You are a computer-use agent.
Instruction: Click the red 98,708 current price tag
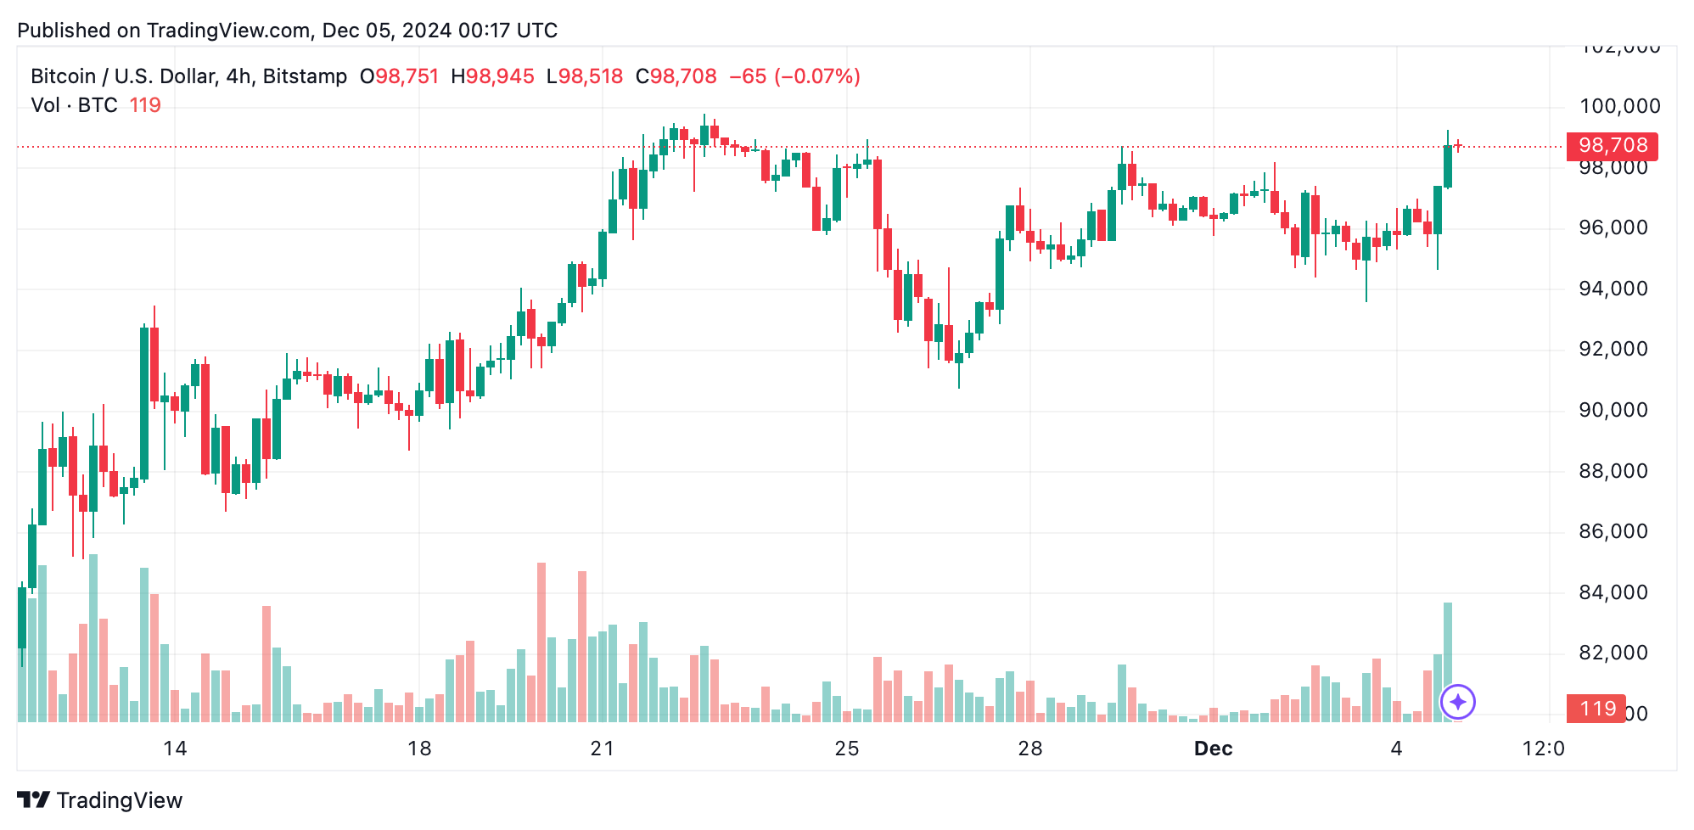(x=1612, y=146)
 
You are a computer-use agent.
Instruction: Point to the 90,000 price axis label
(x=1613, y=410)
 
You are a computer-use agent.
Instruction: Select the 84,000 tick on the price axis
(x=1613, y=592)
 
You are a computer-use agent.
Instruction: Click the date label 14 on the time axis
(x=175, y=749)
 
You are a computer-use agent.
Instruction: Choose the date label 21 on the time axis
(x=602, y=749)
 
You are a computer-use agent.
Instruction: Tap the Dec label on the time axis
(x=1213, y=749)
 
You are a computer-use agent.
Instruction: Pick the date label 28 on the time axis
(x=1029, y=749)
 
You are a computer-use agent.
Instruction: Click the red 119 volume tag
(x=1596, y=709)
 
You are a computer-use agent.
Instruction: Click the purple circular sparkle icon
(x=1458, y=702)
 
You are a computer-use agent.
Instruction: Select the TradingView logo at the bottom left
(x=99, y=800)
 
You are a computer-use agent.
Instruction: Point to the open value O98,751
(x=399, y=76)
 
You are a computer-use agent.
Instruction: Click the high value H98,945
(x=492, y=76)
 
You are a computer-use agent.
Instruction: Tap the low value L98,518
(x=585, y=76)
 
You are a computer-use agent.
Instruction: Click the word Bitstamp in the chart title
(x=305, y=76)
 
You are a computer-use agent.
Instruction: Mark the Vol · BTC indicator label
(x=74, y=105)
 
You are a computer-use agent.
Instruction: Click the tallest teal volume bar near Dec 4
(x=1448, y=662)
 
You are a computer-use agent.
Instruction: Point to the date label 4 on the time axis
(x=1396, y=749)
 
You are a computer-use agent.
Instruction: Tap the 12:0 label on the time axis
(x=1543, y=749)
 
